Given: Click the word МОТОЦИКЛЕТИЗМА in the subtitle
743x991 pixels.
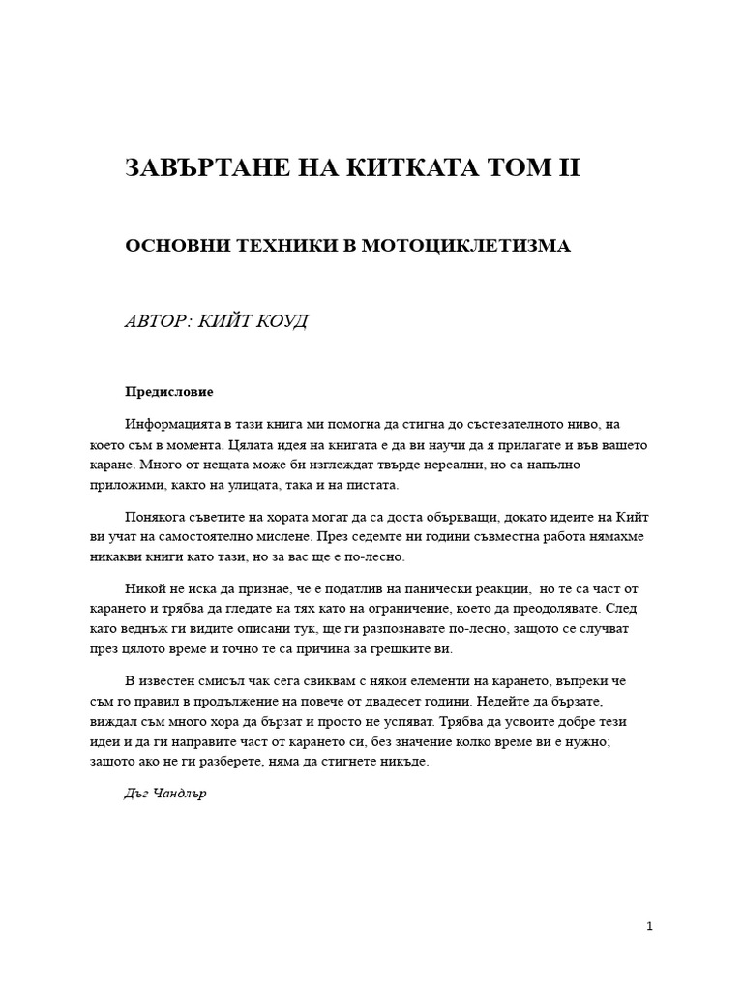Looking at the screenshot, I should [465, 246].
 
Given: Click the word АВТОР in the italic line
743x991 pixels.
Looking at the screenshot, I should [157, 321].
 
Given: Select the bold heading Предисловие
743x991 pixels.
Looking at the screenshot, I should [168, 393].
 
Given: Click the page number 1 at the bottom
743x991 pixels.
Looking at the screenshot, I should [650, 926].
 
